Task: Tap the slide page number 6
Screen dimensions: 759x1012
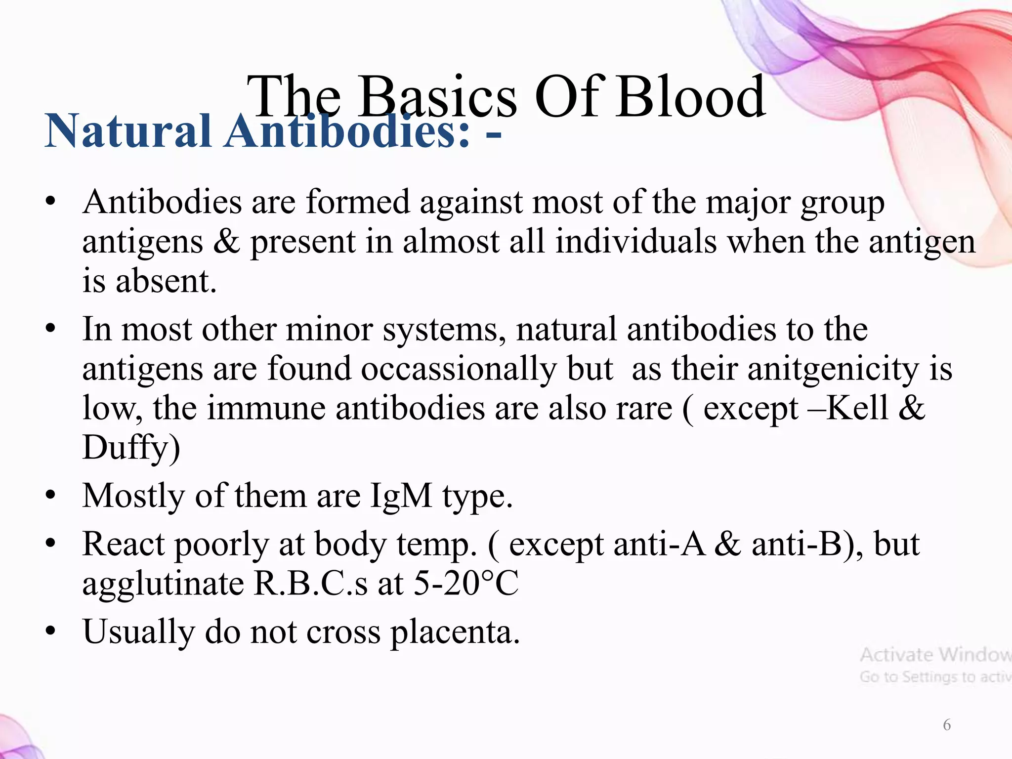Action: (x=946, y=725)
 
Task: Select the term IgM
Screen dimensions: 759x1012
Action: (x=401, y=496)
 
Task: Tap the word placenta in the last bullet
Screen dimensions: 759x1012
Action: (x=455, y=632)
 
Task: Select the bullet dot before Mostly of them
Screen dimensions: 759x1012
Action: (x=50, y=496)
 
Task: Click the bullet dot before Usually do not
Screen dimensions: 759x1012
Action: (x=50, y=632)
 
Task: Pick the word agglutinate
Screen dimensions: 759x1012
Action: (x=163, y=584)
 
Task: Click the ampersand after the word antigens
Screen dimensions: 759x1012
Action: (x=226, y=242)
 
